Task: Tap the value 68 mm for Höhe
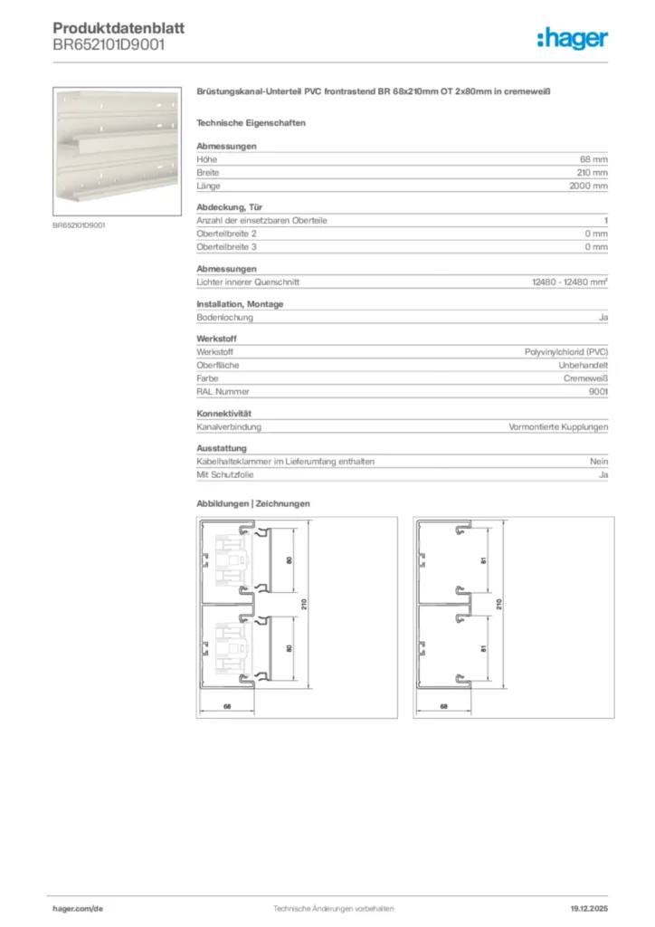tap(593, 159)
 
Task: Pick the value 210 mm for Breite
tap(592, 172)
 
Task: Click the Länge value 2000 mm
tap(588, 186)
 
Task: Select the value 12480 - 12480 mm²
tap(569, 282)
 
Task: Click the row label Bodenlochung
tap(224, 318)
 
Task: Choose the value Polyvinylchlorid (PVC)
tap(566, 352)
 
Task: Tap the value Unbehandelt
tap(583, 365)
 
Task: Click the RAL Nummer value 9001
tap(598, 392)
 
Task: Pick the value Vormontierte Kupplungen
tap(558, 426)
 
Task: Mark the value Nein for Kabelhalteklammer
tap(598, 462)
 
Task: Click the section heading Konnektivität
tap(223, 414)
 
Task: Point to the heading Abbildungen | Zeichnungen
tap(253, 503)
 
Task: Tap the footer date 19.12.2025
tap(588, 907)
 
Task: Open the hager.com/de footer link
tap(79, 907)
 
